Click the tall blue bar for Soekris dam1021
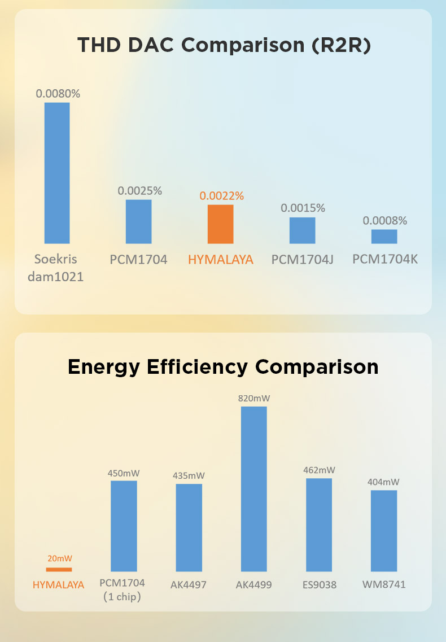(57, 173)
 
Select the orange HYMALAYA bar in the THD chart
(220, 224)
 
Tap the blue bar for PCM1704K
(384, 237)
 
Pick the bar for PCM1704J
(302, 230)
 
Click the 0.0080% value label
(58, 94)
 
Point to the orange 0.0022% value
(221, 196)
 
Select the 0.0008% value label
(385, 221)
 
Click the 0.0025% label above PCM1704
(139, 191)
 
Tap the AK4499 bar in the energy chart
(254, 489)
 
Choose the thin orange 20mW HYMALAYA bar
(59, 570)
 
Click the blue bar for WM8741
(384, 531)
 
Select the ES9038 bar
(319, 525)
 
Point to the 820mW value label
(254, 399)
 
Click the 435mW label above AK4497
(189, 476)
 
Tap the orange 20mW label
(60, 558)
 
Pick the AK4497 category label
(189, 584)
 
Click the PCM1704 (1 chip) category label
(122, 589)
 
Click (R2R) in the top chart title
(341, 45)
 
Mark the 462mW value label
(319, 470)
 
